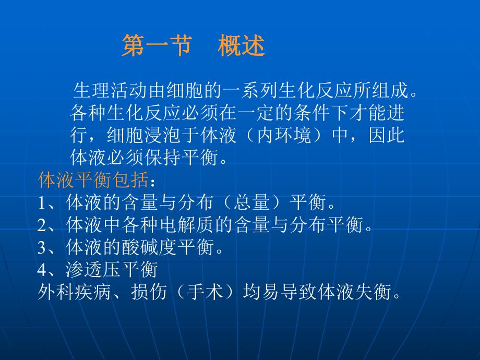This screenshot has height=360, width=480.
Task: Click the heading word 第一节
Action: (x=155, y=46)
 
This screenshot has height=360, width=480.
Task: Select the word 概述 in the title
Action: (x=242, y=46)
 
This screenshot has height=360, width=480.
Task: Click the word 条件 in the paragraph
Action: (x=301, y=113)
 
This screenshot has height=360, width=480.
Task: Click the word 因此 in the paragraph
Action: (x=389, y=135)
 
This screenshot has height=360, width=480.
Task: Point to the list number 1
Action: (x=42, y=202)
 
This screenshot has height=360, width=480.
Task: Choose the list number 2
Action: (x=42, y=225)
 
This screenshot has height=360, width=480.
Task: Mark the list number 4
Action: (x=42, y=270)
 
